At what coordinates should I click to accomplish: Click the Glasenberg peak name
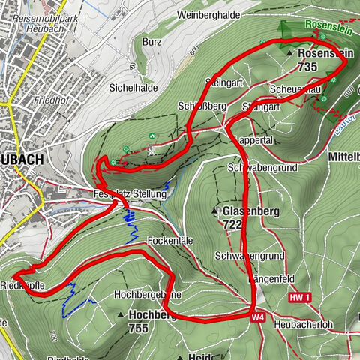point(251,211)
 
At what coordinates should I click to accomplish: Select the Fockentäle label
point(166,241)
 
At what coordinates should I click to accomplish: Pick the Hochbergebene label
point(147,295)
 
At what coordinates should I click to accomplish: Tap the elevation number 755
point(137,327)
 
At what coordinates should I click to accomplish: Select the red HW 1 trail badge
point(298,298)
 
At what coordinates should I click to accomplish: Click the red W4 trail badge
point(258,317)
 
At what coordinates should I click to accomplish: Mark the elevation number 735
point(307,67)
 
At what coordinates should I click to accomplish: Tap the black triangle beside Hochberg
point(121,316)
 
